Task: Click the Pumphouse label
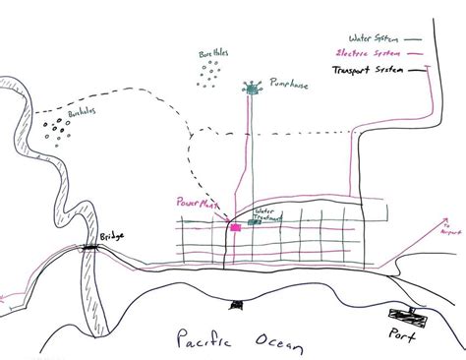click(295, 87)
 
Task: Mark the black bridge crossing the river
click(95, 250)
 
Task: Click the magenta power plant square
click(236, 226)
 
